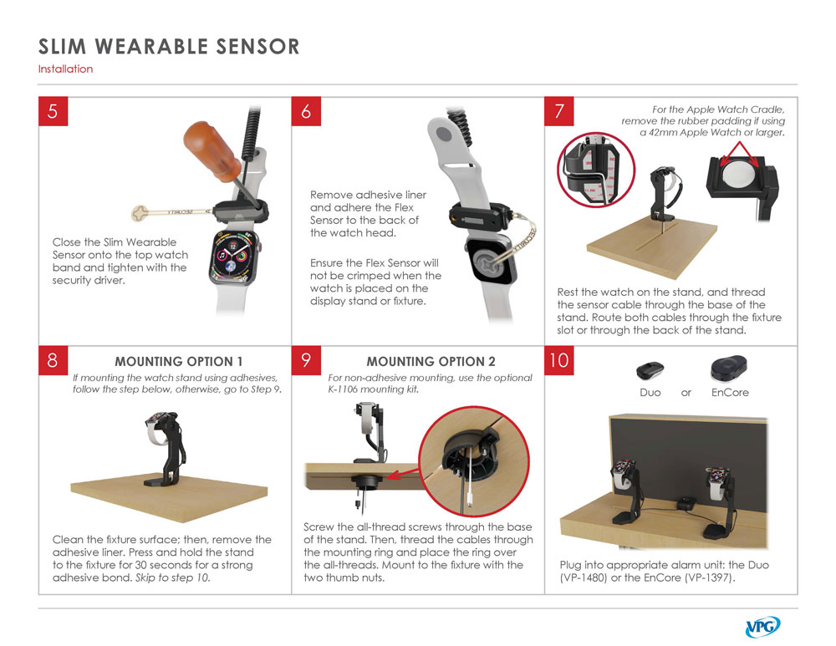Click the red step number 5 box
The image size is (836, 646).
coord(53,111)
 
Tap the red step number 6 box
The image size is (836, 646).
coord(306,111)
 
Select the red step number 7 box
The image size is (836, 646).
coord(558,111)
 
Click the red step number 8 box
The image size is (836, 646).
coord(53,360)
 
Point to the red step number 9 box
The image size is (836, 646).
coord(306,360)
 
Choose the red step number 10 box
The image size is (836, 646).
coord(558,360)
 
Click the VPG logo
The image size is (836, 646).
coord(762,627)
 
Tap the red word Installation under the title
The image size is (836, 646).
coord(65,69)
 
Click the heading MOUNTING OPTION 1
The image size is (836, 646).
coord(179,361)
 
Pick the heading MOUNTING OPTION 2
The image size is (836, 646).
coord(431,361)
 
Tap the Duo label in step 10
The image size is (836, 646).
coord(650,393)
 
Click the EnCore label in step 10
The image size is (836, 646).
coord(730,393)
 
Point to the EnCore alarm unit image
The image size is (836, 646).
coord(729,369)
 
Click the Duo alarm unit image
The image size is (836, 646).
coord(650,370)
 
